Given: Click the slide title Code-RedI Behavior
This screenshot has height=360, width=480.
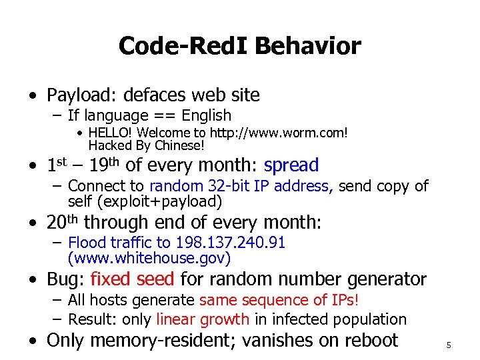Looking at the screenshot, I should (240, 46).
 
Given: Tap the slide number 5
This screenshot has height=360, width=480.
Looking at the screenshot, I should (449, 345).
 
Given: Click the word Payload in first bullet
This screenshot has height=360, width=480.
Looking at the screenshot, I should (75, 95).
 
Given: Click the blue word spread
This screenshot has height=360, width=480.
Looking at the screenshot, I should (291, 165).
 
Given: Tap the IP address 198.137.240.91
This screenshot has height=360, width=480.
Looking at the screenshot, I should (230, 243).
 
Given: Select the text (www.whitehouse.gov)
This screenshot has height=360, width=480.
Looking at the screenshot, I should (149, 257).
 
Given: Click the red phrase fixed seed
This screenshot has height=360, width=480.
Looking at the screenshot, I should (132, 279).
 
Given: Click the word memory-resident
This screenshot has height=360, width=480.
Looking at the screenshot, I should (162, 340).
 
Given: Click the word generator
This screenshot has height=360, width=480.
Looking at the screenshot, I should (390, 279).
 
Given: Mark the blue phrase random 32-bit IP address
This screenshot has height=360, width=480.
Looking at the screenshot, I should (241, 186).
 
